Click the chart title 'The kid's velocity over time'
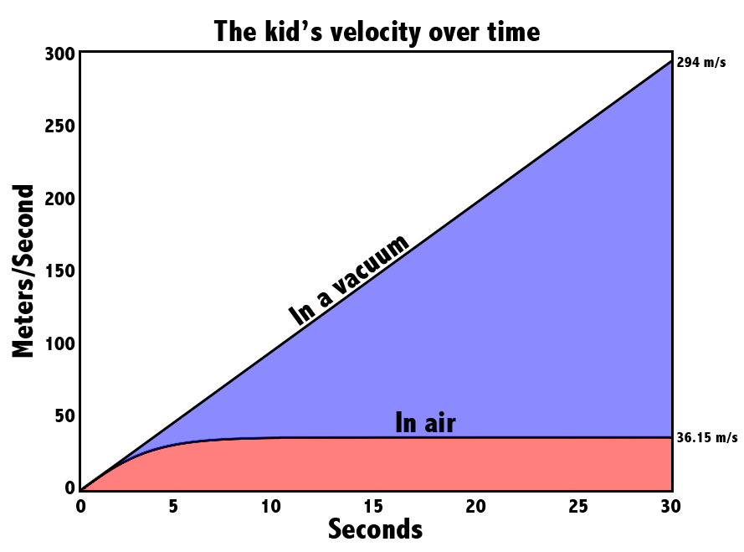(x=377, y=33)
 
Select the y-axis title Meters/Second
(x=23, y=271)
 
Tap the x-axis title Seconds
(x=375, y=529)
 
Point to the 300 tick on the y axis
(x=59, y=54)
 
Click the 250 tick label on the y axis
(x=59, y=126)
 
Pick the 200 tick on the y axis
(x=59, y=199)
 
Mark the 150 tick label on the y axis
(x=59, y=271)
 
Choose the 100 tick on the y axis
(x=59, y=343)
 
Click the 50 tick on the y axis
(x=65, y=416)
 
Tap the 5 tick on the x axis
(x=173, y=507)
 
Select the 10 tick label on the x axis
(x=271, y=507)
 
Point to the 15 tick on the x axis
(x=373, y=507)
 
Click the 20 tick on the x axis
(x=475, y=507)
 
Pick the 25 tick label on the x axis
(x=578, y=507)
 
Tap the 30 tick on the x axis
(x=670, y=507)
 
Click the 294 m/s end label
(x=700, y=62)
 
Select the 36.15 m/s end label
(x=707, y=437)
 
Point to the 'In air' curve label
(x=425, y=422)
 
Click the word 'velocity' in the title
(x=374, y=34)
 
